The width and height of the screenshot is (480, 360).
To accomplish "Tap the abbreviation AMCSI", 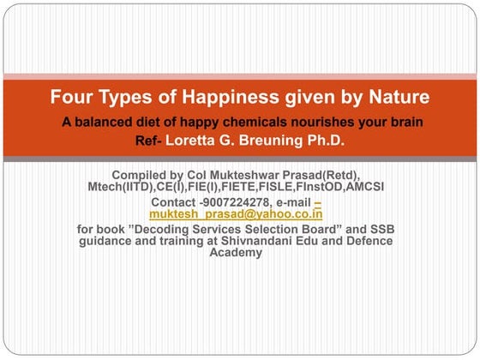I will [362, 186].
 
